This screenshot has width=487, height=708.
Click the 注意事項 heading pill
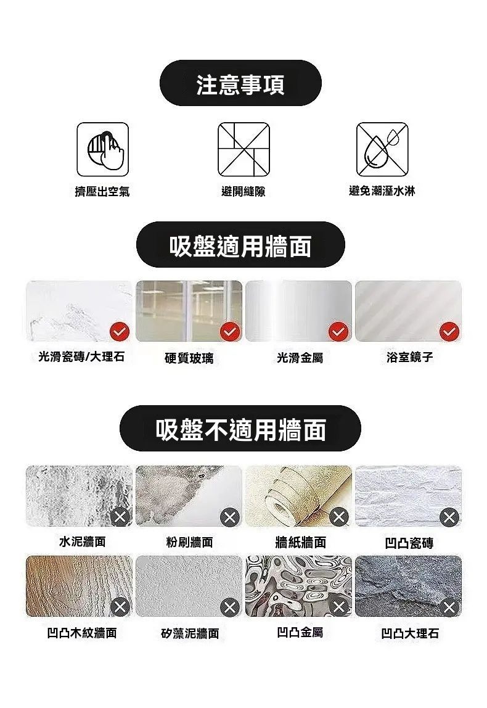point(240,83)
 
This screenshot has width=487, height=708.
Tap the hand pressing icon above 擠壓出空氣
point(103,149)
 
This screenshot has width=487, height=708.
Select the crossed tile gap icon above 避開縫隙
point(243,149)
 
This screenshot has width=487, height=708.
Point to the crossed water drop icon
point(382,149)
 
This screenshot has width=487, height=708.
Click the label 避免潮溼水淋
point(382,191)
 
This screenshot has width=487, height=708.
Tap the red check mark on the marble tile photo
point(120,332)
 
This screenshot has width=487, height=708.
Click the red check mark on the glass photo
point(230,332)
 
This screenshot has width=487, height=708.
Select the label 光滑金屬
point(300,358)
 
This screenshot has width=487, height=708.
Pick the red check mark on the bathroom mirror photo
point(449,332)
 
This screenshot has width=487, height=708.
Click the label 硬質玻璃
point(189,358)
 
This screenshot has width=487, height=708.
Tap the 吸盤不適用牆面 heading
point(240,429)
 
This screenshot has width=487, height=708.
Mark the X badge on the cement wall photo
point(120,517)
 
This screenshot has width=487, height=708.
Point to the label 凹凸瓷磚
point(409,543)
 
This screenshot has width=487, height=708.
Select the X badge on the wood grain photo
point(120,606)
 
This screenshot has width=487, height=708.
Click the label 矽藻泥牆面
point(190,633)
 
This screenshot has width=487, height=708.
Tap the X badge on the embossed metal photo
point(340,606)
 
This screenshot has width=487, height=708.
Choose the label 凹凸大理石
point(410,633)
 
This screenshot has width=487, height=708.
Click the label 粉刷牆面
point(190,542)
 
